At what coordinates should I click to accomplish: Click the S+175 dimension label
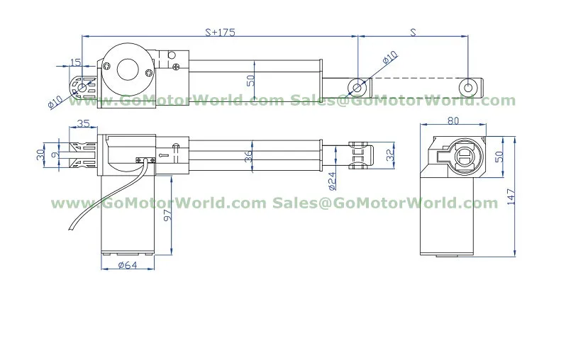(x=220, y=32)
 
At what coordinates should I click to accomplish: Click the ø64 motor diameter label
(x=128, y=266)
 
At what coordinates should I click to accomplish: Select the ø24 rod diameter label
(x=332, y=181)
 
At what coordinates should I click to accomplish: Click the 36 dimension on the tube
(x=248, y=157)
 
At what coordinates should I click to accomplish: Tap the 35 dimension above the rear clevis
(x=83, y=123)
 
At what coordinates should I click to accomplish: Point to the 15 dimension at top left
(x=76, y=63)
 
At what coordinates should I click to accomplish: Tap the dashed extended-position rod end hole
(x=466, y=86)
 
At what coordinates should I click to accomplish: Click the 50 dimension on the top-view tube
(x=250, y=80)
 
